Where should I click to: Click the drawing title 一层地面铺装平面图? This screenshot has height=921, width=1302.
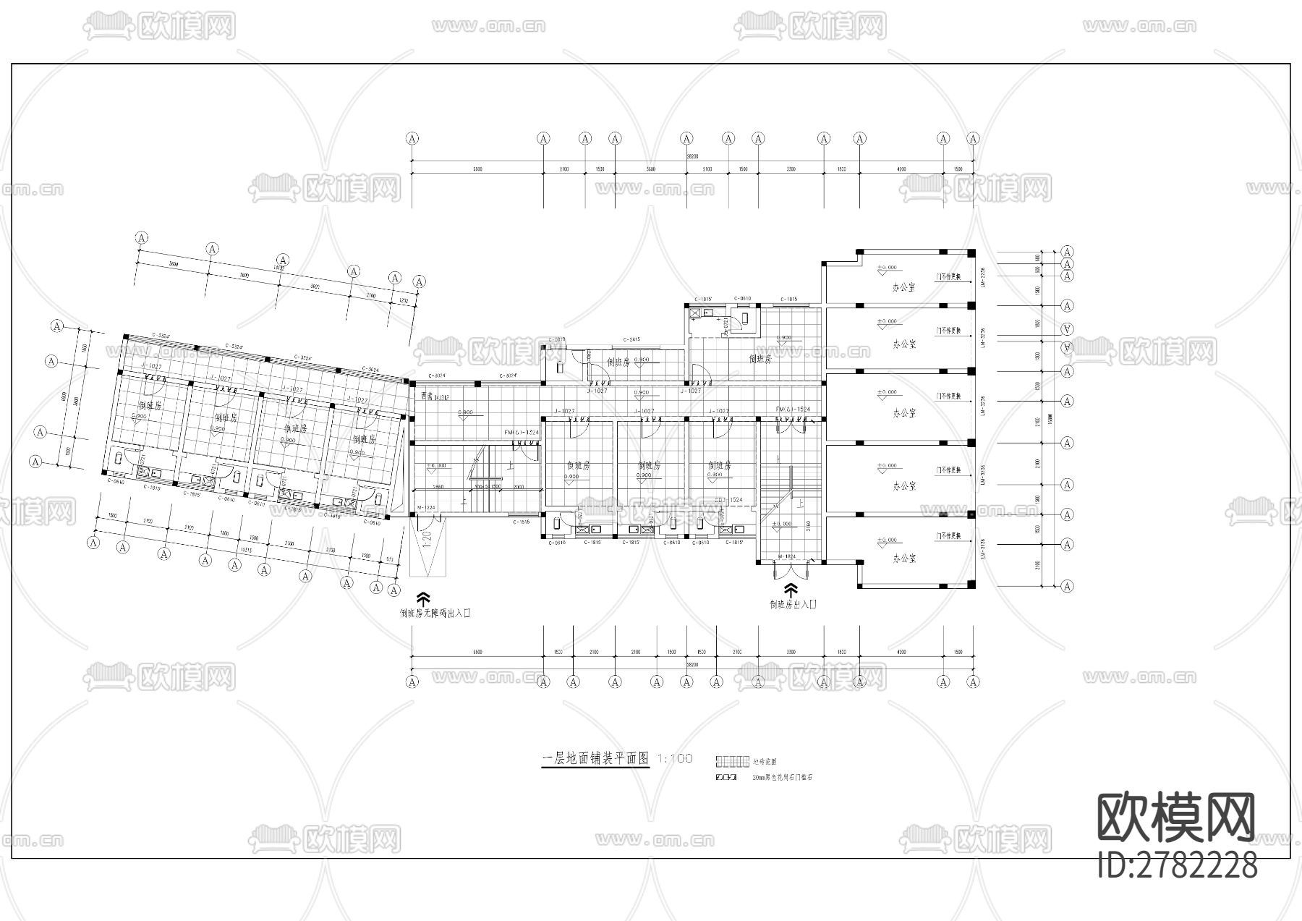595,759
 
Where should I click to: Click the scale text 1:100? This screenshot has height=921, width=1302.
674,758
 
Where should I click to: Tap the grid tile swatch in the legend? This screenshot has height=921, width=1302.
731,761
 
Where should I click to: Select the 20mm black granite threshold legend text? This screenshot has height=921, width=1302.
783,778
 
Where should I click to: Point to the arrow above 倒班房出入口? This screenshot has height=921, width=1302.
791,589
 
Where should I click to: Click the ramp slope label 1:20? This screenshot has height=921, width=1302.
427,539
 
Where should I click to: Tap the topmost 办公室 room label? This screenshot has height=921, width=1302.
903,287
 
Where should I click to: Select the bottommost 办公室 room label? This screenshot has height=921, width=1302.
903,559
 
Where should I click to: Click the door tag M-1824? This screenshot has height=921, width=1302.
786,556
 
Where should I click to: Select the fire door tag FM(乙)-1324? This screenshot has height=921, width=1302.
522,432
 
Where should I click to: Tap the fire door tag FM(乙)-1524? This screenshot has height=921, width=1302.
793,409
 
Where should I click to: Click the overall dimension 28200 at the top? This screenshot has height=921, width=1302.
692,156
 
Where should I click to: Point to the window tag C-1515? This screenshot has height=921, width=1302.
522,522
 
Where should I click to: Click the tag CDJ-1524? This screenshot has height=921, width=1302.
729,500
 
